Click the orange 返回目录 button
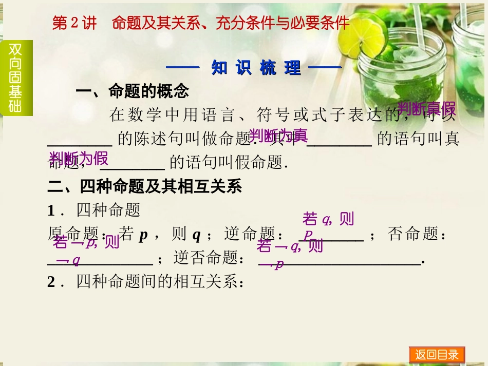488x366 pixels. coord(437,355)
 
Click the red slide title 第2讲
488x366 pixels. coord(74,23)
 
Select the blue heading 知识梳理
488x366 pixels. coord(255,68)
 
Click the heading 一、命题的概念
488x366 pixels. coord(133,91)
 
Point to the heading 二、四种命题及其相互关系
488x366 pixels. coord(144,186)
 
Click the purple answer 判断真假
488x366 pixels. coord(426,108)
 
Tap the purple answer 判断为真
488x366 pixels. coord(278,136)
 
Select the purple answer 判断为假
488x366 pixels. coord(79,158)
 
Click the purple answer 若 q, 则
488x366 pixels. coord(328,219)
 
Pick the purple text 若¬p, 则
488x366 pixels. coord(86,242)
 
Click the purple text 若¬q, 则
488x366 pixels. coord(290,246)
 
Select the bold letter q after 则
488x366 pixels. coord(196,235)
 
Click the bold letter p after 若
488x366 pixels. coord(144,235)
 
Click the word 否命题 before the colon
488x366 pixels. coord(410,235)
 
